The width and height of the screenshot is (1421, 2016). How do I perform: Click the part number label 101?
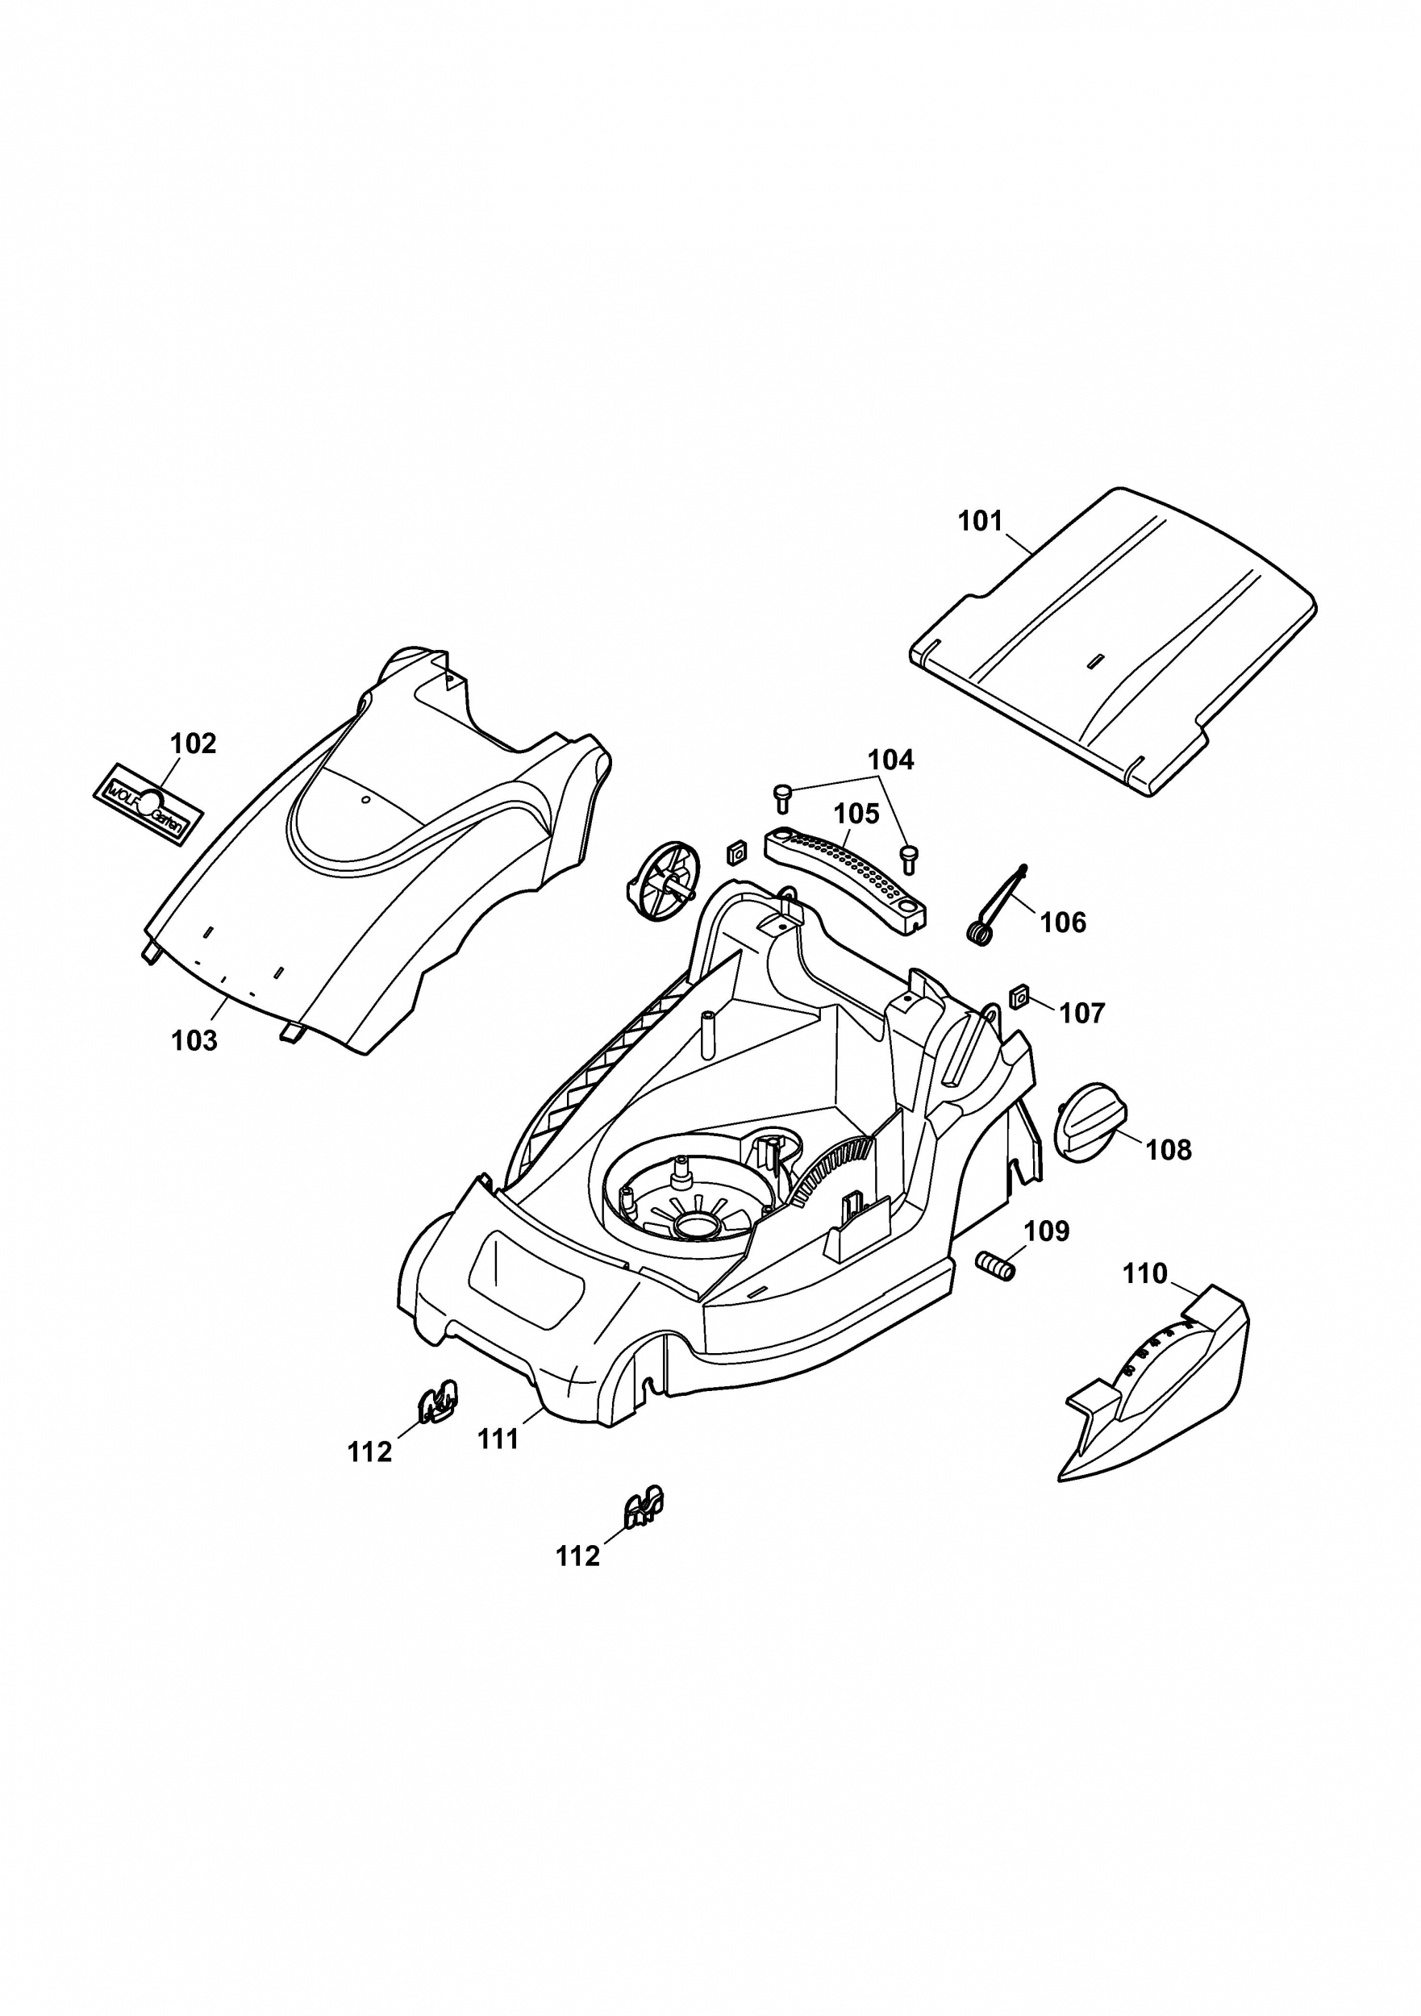(x=979, y=521)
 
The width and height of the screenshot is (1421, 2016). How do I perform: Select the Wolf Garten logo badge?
(x=148, y=802)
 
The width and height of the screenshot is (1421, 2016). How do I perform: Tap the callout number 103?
(x=194, y=1040)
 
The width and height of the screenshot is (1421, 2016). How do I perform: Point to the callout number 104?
(x=890, y=760)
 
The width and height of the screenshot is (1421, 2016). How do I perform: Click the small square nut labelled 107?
(x=1019, y=997)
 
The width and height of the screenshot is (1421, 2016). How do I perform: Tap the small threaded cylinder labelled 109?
(x=994, y=1266)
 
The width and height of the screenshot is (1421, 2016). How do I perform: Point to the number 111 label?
(x=498, y=1439)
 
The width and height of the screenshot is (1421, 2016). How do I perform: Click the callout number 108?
(x=1168, y=1150)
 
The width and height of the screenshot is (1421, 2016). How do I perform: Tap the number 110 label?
(x=1145, y=1273)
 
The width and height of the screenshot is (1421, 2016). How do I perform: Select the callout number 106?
(x=1063, y=923)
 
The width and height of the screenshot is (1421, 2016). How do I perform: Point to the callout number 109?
(x=1047, y=1231)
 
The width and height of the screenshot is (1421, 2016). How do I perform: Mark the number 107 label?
(x=1081, y=1014)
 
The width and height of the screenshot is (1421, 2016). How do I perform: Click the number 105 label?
(x=856, y=814)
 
